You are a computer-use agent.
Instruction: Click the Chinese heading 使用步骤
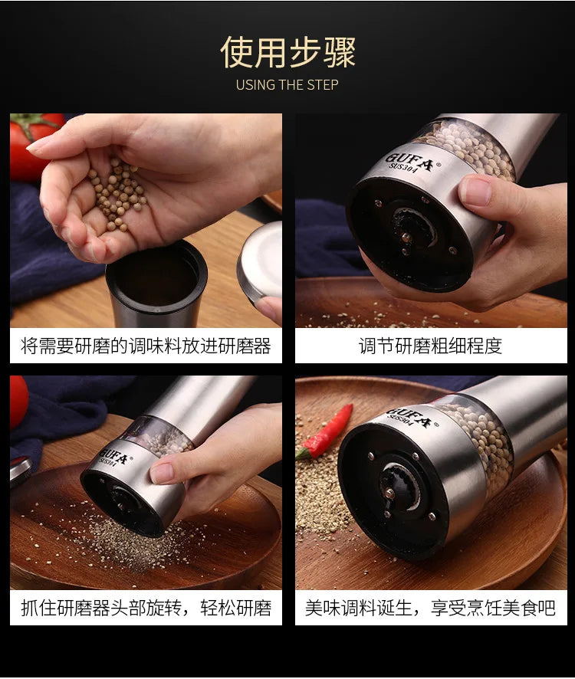click(287, 52)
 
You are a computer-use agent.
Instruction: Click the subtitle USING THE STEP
click(287, 85)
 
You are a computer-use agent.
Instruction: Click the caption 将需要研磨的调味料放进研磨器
click(146, 346)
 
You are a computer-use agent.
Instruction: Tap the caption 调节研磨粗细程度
click(431, 346)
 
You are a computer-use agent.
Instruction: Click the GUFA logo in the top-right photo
click(409, 162)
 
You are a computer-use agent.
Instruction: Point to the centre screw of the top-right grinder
click(406, 237)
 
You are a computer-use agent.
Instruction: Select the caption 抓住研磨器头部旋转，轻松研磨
click(146, 608)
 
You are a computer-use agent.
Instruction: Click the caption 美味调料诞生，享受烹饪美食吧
click(431, 608)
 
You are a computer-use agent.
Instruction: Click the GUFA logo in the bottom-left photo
click(114, 458)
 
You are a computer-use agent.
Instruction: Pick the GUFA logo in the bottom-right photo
click(409, 417)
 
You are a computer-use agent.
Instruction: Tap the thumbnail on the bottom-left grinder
click(162, 473)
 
